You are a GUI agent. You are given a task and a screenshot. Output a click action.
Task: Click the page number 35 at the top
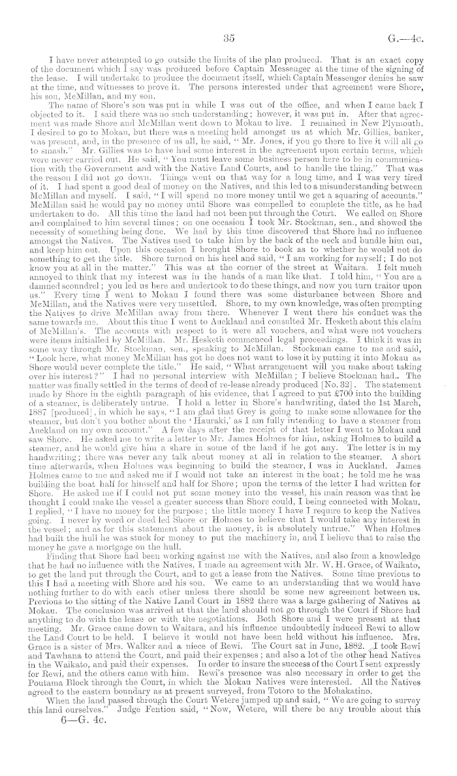pos(228,38)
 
